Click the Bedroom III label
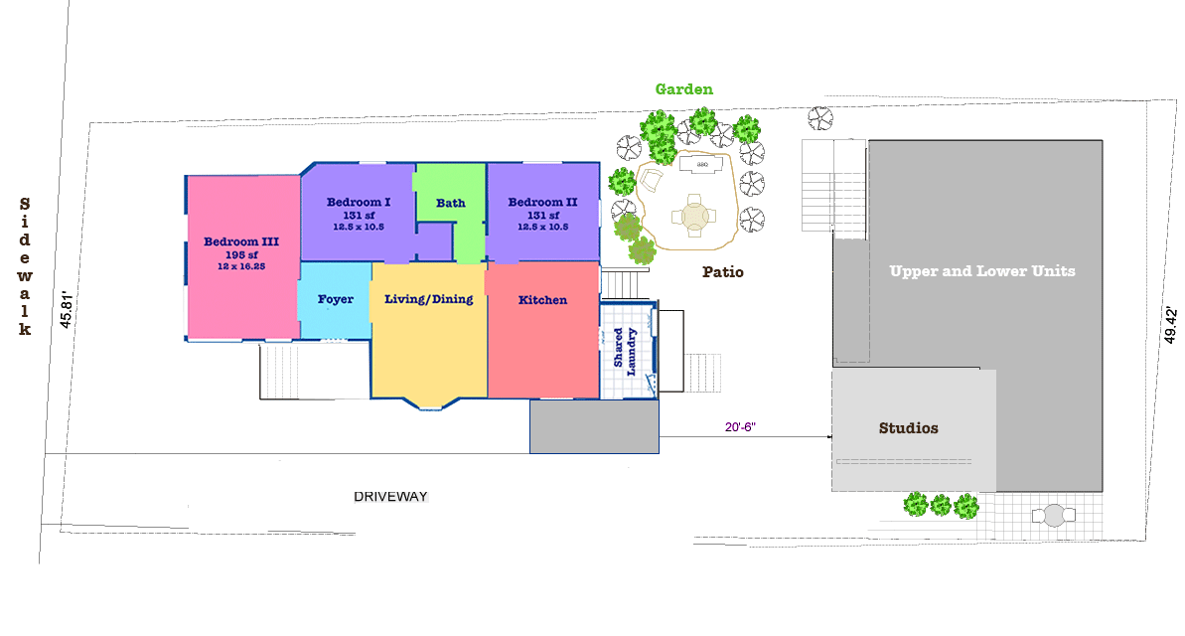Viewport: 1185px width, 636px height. click(241, 241)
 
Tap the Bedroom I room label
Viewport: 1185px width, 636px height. click(359, 202)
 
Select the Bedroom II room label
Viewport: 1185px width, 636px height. click(542, 203)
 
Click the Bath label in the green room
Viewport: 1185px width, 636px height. click(450, 203)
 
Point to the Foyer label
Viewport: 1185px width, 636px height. click(336, 299)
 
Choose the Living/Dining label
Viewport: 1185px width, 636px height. click(429, 299)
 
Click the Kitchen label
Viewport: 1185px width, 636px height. click(542, 300)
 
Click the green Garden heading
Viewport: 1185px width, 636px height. click(683, 89)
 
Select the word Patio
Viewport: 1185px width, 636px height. click(722, 271)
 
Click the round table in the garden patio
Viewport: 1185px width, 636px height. click(692, 215)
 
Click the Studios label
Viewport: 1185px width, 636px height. click(908, 428)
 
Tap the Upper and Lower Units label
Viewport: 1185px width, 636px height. click(981, 270)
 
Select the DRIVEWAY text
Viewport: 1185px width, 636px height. click(396, 496)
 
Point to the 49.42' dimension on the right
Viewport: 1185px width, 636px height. click(1171, 326)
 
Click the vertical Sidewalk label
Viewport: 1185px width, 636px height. click(25, 266)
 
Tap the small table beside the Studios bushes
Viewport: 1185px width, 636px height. click(1053, 515)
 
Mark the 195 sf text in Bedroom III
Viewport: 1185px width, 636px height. click(241, 253)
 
